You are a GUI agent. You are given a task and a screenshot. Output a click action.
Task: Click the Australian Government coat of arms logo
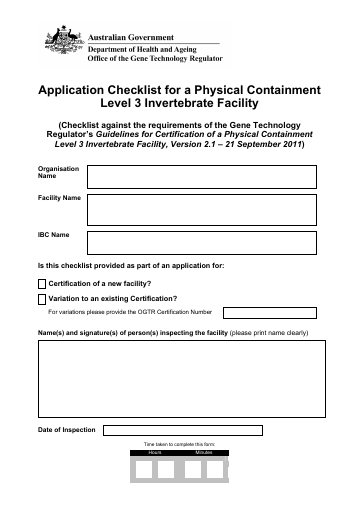click(63, 43)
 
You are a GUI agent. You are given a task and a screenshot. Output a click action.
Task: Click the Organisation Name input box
click(203, 177)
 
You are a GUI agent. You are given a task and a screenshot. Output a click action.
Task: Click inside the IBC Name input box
click(203, 242)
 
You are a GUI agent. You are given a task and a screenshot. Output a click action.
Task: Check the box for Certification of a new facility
click(41, 285)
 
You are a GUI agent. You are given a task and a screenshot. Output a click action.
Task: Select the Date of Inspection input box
click(183, 430)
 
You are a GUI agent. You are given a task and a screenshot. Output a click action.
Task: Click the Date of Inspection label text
click(66, 430)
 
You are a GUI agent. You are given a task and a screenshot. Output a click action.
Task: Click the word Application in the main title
click(79, 90)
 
